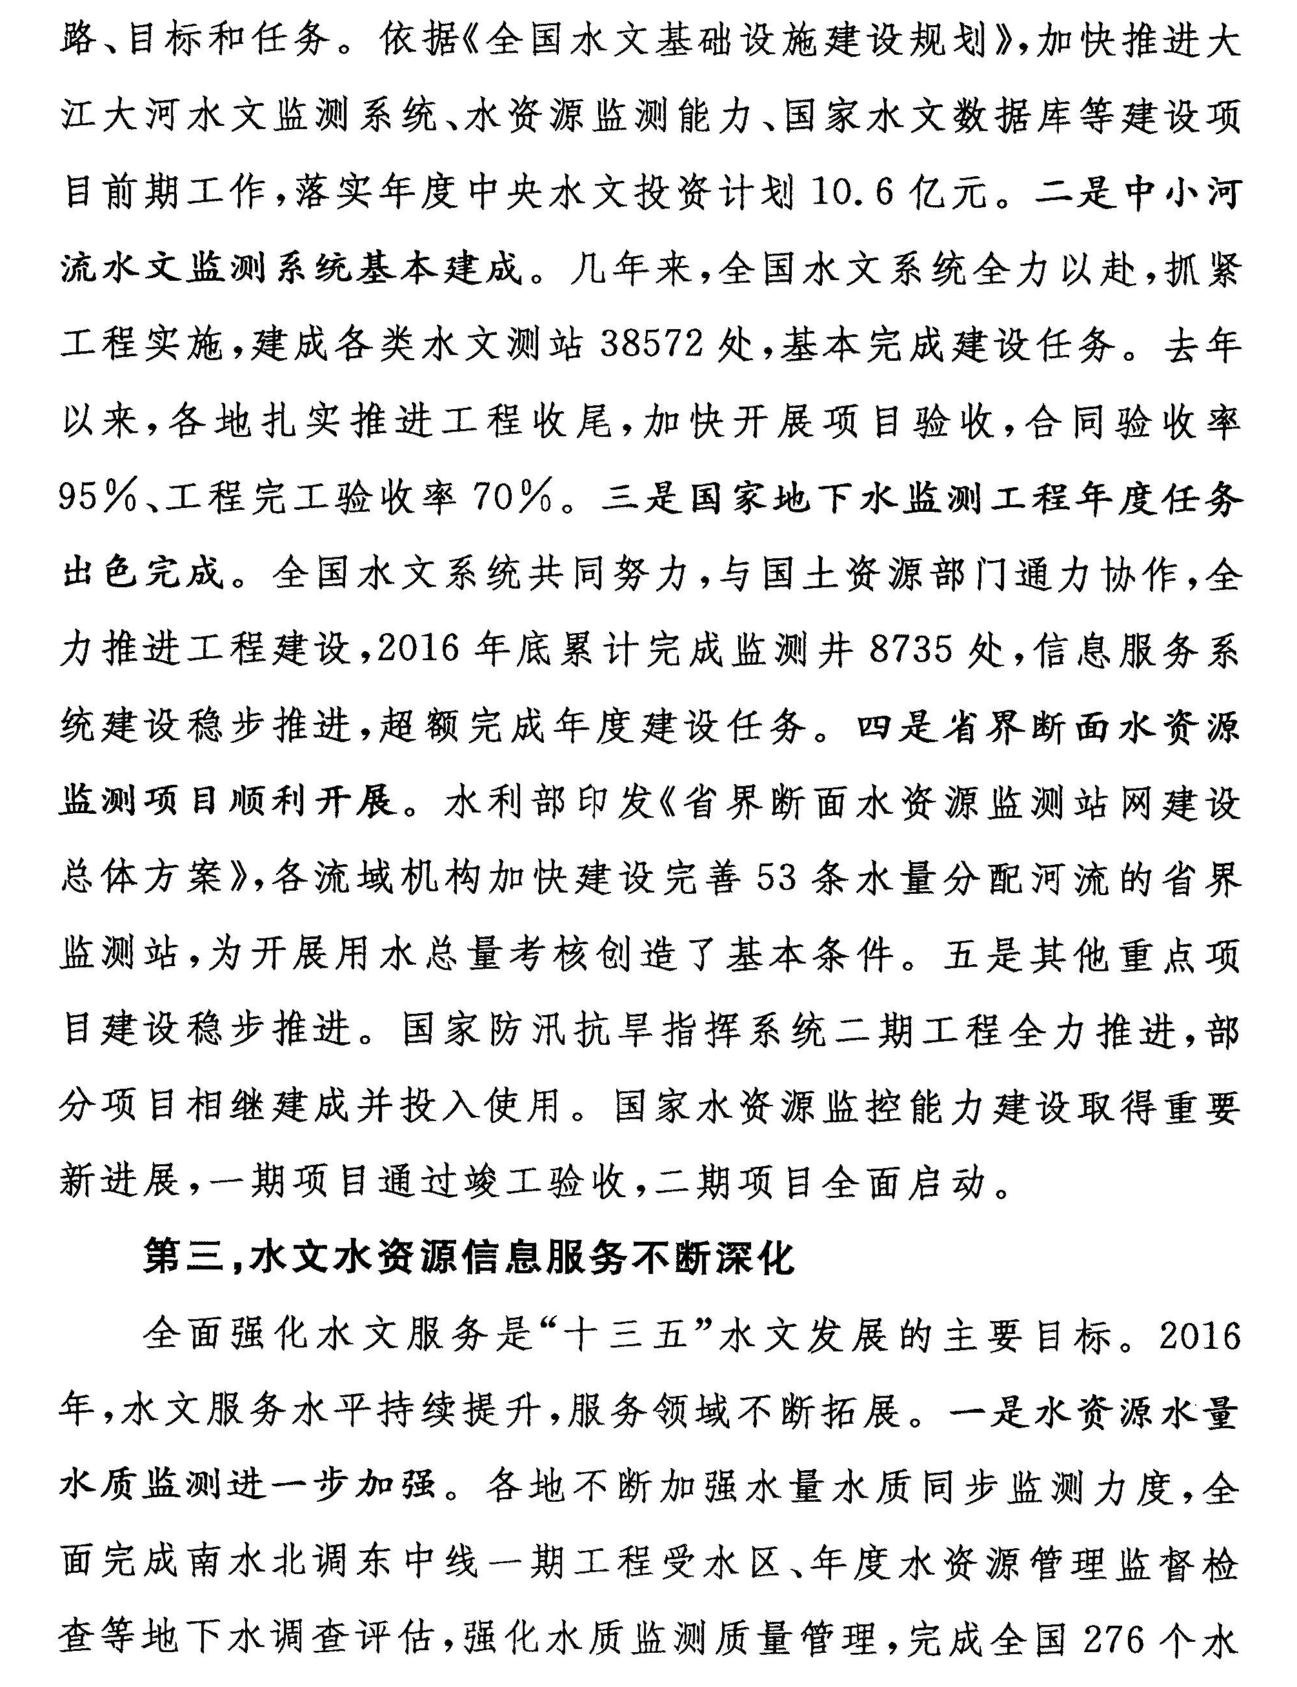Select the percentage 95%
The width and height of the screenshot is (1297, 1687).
(x=97, y=499)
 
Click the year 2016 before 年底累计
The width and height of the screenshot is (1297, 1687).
(x=419, y=651)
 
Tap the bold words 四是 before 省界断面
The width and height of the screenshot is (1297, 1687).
(x=900, y=727)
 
